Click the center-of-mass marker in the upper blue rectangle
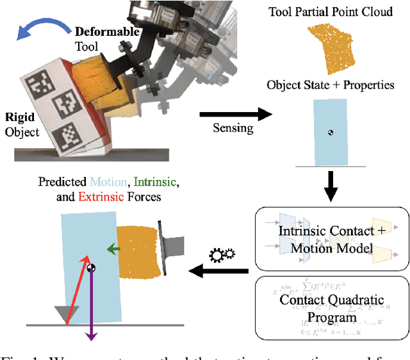(331, 133)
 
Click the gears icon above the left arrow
(224, 254)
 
